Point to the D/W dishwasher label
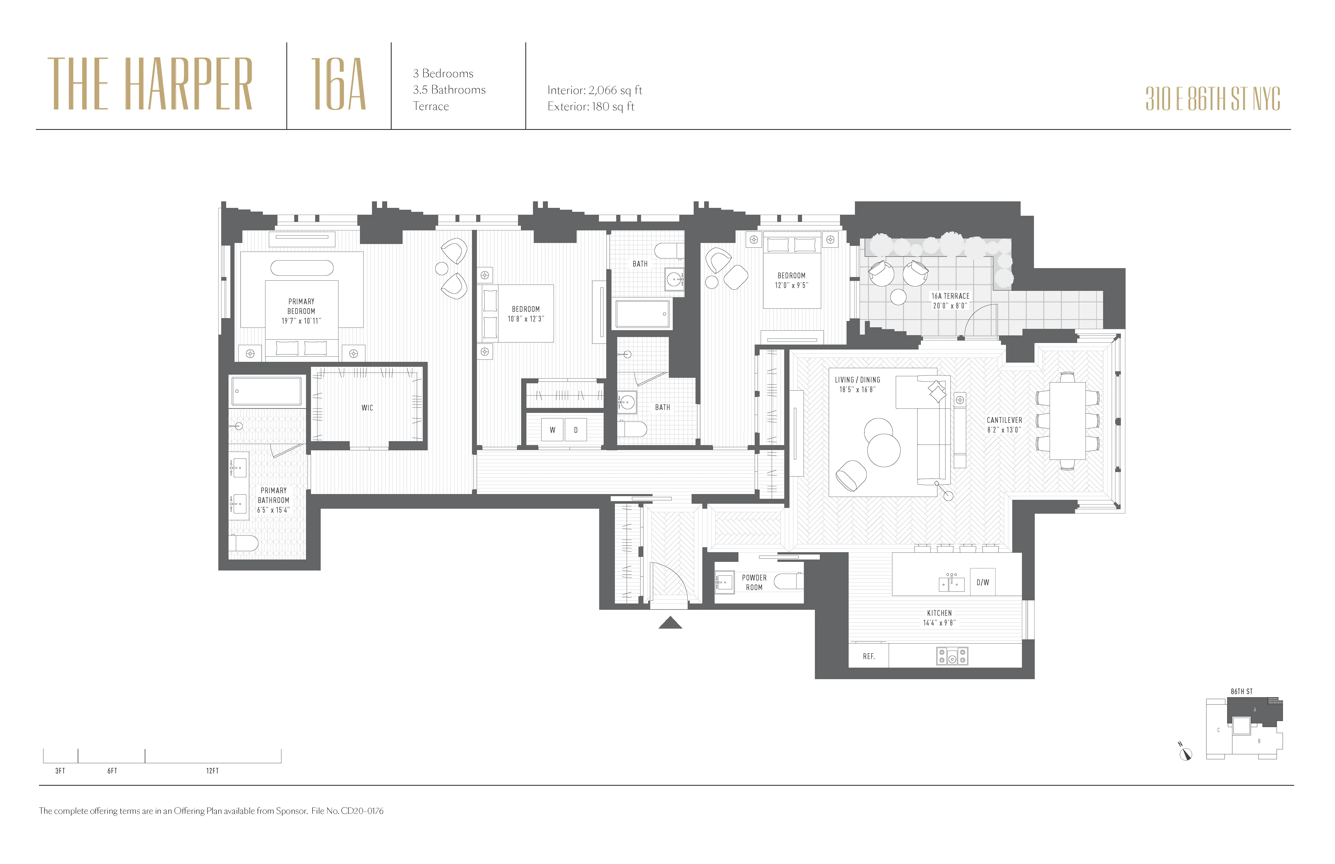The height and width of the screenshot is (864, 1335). (983, 582)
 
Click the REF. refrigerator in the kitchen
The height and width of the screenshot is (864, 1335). (868, 656)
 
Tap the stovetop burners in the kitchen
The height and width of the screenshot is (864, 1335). (952, 656)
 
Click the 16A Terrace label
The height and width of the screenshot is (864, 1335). (950, 296)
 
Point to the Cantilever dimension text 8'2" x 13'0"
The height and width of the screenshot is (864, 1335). (1004, 430)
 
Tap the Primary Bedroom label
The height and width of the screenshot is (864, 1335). (301, 306)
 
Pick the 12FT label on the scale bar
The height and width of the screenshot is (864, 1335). (212, 771)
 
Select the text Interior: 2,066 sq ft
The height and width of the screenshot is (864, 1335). (594, 90)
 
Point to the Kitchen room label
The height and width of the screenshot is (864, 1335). (939, 613)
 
